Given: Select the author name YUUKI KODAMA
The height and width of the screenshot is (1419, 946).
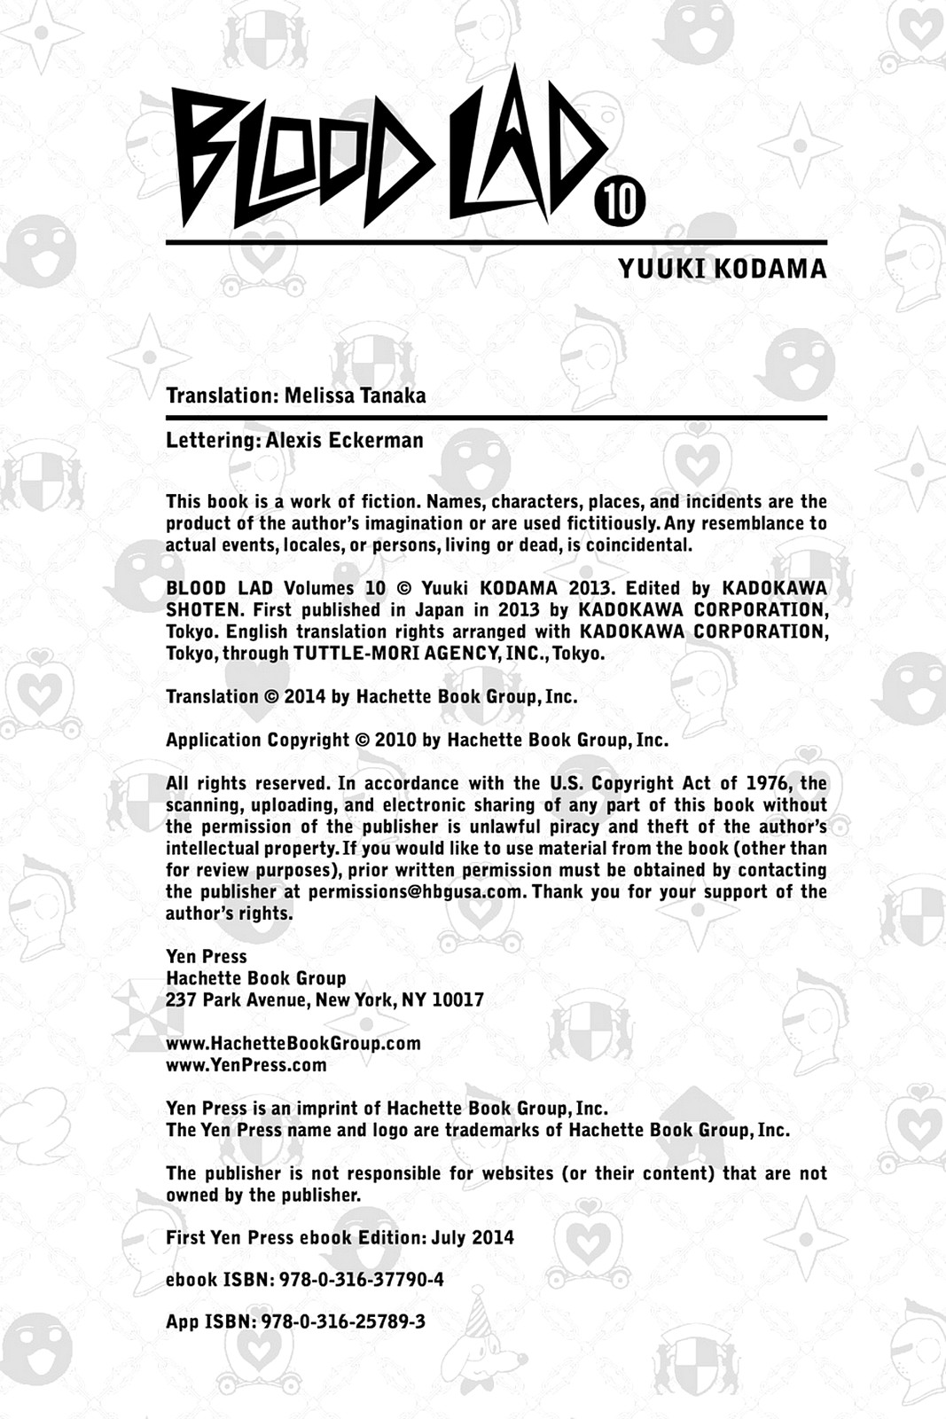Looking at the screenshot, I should tap(722, 269).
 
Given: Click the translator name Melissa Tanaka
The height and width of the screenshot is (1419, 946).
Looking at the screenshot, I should tap(355, 396).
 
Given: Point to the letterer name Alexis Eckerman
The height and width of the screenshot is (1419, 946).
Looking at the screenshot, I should tap(345, 440).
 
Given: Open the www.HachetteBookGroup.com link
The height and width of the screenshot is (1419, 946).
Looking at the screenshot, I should tap(293, 1043).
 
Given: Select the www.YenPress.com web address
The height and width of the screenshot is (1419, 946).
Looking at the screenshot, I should tap(246, 1065).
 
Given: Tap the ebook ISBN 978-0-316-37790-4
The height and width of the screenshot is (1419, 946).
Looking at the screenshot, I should tap(361, 1280).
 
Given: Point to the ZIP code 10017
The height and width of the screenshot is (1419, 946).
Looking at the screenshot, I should tap(457, 1000).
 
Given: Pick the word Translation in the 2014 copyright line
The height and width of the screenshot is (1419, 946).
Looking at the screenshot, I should tap(211, 697).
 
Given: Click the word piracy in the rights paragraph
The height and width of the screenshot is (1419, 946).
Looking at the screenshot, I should tap(575, 827).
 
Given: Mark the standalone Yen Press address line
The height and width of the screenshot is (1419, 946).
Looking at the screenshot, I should tap(206, 957).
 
